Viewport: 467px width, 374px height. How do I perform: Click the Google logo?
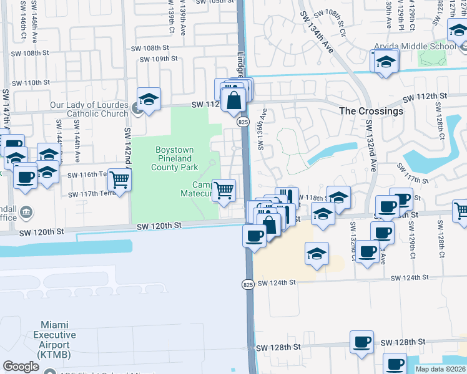point(21,367)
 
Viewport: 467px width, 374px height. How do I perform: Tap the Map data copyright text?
point(440,369)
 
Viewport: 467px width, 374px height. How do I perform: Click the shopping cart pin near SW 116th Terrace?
point(119,180)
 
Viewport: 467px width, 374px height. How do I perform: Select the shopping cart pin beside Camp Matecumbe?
point(224,189)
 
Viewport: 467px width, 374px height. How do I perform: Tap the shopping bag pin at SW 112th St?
point(233,100)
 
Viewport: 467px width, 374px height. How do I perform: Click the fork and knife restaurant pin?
point(287,198)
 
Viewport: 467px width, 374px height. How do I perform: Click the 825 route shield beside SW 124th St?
point(247,284)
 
